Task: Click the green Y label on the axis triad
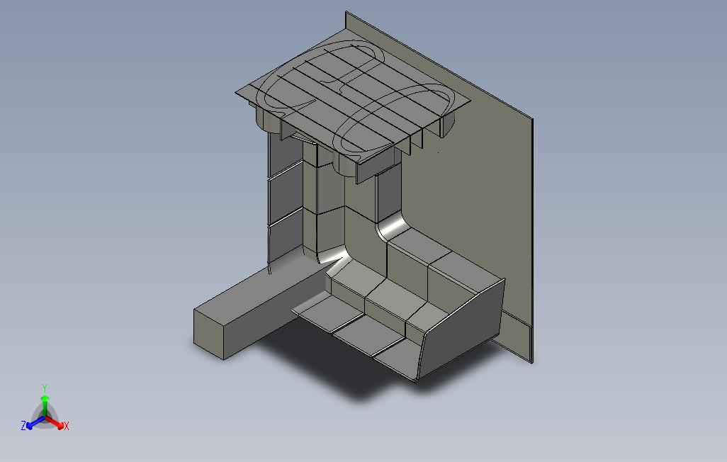tap(44, 388)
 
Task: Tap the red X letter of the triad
tap(66, 426)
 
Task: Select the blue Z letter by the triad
tap(23, 426)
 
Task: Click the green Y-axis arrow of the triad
tap(45, 405)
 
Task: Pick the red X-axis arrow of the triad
tap(56, 423)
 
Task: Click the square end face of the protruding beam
tap(209, 334)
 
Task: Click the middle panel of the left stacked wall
tap(286, 193)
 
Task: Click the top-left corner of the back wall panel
tap(346, 13)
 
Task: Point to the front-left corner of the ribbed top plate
tap(237, 92)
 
